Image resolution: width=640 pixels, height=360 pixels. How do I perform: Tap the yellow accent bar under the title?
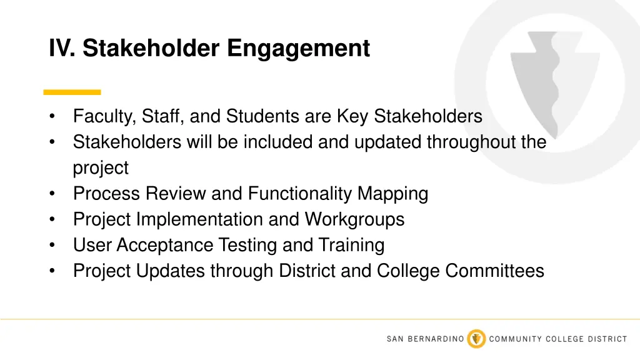[72, 92]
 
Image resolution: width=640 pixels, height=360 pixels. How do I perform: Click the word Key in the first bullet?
[352, 116]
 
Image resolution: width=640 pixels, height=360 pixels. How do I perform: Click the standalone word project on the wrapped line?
[101, 168]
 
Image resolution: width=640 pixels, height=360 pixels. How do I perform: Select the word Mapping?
[392, 194]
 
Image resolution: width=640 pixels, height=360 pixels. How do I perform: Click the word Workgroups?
[354, 219]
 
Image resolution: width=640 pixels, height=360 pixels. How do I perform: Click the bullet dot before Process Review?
[54, 194]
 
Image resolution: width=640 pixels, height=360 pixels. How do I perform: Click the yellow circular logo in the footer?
[477, 339]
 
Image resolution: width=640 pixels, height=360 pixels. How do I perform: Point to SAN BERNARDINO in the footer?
[425, 339]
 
